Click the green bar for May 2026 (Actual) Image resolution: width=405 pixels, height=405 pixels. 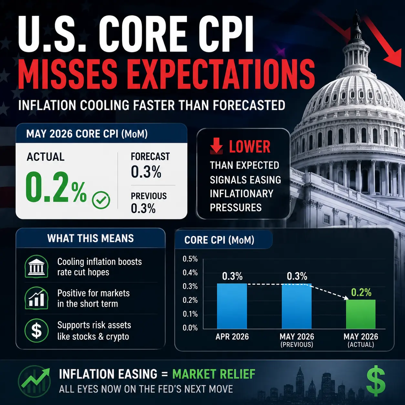361,314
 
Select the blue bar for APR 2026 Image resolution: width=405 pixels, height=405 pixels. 232,306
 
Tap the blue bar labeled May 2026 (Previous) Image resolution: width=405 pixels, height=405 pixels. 296,306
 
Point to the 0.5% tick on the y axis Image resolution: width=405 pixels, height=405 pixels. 190,259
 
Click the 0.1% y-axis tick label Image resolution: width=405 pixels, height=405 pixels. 190,314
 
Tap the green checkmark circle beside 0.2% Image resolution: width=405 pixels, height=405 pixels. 101,200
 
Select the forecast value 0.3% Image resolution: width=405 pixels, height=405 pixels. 146,172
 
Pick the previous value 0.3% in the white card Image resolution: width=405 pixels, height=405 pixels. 143,208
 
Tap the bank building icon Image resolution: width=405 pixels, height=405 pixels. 36,266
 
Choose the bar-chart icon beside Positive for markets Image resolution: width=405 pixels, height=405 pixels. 36,298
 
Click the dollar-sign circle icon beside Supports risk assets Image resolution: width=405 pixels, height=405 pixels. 36,330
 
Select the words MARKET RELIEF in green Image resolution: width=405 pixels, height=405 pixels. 214,374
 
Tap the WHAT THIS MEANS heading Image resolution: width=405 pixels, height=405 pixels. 90,238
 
